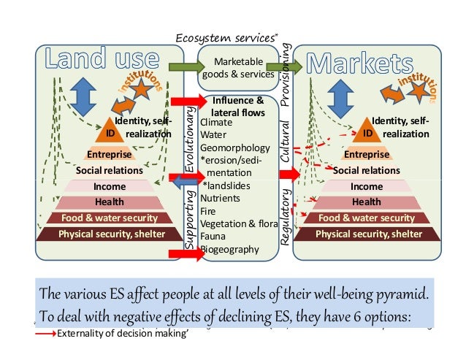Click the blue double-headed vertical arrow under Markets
340,95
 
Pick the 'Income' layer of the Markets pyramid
367,186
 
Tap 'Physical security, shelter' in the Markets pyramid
368,234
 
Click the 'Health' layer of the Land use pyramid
110,202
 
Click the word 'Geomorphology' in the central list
230,146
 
